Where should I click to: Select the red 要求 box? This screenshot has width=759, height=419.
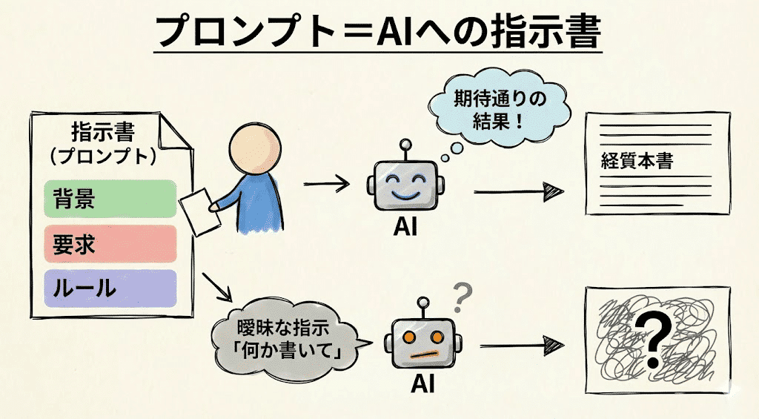tap(110, 244)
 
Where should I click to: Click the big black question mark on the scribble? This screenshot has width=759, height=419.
tap(652, 340)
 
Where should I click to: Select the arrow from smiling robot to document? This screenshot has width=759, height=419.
tap(518, 192)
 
